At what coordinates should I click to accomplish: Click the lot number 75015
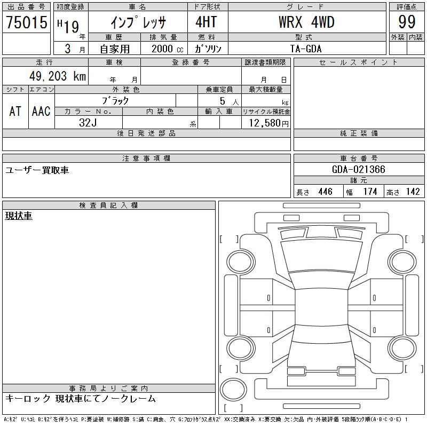27,22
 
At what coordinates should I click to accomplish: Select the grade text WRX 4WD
306,22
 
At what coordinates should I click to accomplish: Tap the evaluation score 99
407,22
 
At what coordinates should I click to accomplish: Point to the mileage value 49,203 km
58,76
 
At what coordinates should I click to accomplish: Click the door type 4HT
206,22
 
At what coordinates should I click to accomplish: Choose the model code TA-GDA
306,49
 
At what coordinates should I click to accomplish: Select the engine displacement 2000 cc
167,49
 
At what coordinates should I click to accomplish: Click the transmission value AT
15,111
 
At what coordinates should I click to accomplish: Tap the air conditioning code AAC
41,111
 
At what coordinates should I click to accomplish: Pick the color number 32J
88,123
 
